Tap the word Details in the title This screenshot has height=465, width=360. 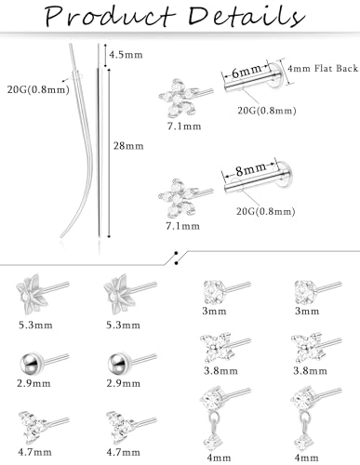(247, 16)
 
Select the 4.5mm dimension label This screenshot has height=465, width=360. (126, 55)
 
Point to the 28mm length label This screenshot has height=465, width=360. (128, 146)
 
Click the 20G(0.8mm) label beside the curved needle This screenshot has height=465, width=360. (38, 89)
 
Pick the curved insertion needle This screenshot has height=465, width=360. (81, 140)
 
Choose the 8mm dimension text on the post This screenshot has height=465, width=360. (250, 170)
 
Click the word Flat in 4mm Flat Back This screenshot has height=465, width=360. (326, 68)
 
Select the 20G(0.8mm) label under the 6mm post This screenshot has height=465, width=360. (267, 111)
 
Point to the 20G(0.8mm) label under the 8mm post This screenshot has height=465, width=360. (266, 211)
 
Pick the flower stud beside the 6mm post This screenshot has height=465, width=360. (185, 98)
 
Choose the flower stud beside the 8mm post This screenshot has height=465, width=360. (185, 198)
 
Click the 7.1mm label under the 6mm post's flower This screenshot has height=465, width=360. (184, 126)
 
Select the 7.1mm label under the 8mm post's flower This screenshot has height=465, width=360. (182, 226)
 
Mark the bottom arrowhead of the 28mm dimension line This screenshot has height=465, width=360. (109, 236)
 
